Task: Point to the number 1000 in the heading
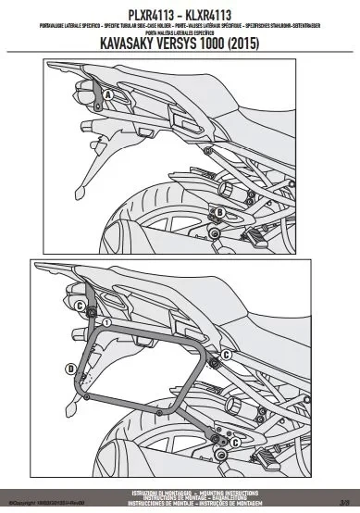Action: (x=233, y=42)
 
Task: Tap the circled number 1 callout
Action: (x=107, y=323)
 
